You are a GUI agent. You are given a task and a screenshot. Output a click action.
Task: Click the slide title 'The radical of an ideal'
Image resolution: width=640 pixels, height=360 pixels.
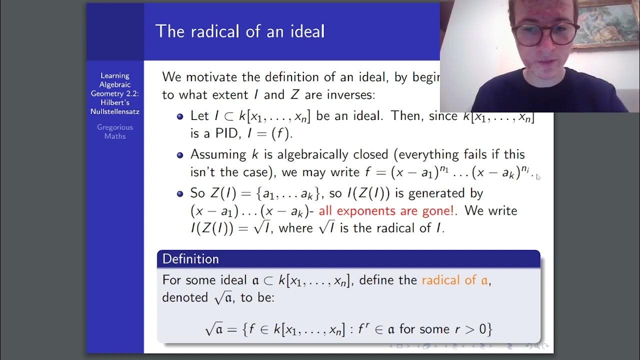pyautogui.click(x=240, y=31)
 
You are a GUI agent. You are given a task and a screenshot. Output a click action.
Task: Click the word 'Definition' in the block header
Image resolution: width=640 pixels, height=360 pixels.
pyautogui.click(x=190, y=259)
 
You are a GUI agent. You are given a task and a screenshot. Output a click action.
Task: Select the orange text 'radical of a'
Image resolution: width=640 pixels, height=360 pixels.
pyautogui.click(x=455, y=279)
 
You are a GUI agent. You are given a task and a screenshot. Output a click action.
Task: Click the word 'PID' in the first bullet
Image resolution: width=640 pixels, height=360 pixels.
pyautogui.click(x=219, y=134)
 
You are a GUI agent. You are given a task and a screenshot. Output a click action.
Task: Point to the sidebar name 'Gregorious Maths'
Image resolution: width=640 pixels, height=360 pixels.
pyautogui.click(x=115, y=131)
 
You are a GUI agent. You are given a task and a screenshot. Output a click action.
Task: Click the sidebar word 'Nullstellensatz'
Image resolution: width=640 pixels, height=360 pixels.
pyautogui.click(x=115, y=111)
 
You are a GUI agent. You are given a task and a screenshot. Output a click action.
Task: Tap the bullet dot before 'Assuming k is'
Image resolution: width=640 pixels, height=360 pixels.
pyautogui.click(x=180, y=155)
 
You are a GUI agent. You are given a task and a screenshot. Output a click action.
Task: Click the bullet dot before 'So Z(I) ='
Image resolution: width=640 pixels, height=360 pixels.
pyautogui.click(x=180, y=193)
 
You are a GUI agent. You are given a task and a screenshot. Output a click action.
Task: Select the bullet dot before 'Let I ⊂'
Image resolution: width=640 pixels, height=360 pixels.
pyautogui.click(x=180, y=116)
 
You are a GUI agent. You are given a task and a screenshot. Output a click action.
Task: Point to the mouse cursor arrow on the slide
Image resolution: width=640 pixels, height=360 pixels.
pyautogui.click(x=538, y=176)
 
